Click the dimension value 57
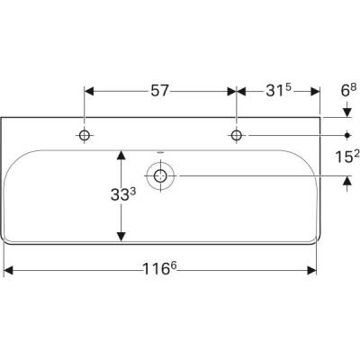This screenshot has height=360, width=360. pos(159,90)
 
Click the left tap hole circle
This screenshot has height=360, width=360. pos(85,135)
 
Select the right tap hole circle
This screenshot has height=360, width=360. pos(237,135)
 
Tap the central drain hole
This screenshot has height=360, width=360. pos(162,176)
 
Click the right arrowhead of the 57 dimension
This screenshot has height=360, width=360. pos(231,90)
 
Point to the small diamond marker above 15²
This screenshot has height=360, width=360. pos(347,135)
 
